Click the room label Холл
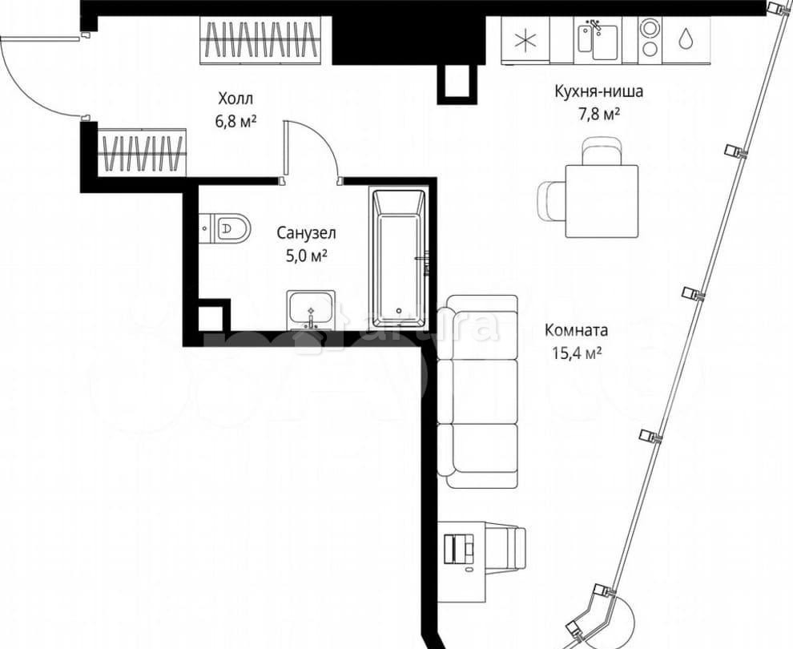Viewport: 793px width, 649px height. click(x=235, y=99)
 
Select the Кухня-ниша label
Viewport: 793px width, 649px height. click(x=598, y=91)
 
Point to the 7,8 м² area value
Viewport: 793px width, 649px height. click(x=599, y=115)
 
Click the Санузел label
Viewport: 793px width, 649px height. click(x=306, y=233)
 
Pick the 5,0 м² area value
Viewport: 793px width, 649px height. click(x=306, y=256)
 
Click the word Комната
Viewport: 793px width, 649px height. click(x=576, y=330)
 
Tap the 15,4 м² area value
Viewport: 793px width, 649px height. click(x=576, y=353)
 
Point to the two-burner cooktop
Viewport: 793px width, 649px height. click(x=650, y=38)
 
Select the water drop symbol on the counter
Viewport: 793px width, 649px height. click(x=687, y=39)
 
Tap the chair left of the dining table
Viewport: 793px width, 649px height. click(x=552, y=200)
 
